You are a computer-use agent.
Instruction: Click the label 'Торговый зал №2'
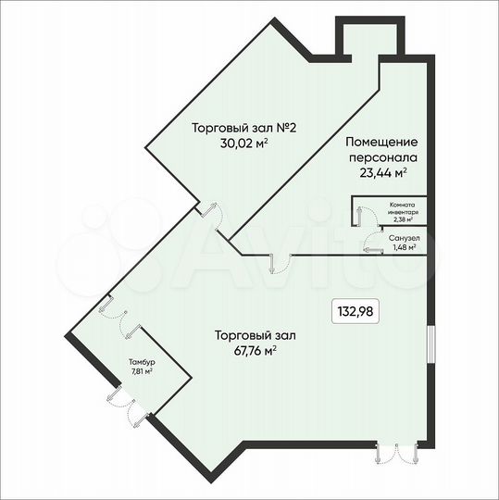(229, 128)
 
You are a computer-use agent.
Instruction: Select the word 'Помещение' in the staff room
(380, 143)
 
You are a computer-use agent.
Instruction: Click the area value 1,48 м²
(404, 247)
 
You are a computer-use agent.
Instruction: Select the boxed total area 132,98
(356, 311)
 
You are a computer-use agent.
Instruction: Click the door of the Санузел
(372, 243)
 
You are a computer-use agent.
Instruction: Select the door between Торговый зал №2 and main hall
(211, 214)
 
